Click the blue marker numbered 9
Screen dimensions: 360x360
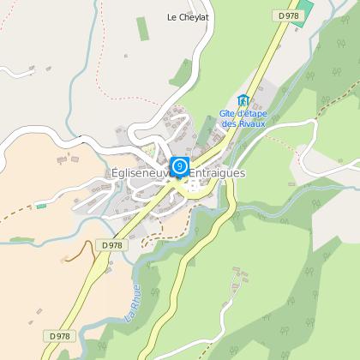click(x=180, y=165)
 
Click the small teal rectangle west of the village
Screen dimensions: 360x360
click(x=40, y=207)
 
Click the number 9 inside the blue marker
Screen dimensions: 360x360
click(x=180, y=164)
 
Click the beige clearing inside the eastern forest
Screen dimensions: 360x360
click(x=334, y=210)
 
